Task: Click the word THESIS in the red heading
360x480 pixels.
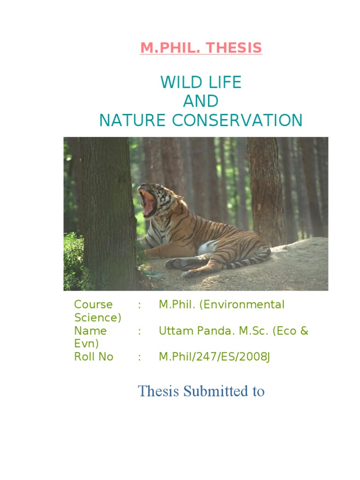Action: click(234, 48)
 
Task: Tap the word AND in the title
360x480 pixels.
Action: click(201, 101)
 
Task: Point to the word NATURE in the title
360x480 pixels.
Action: click(132, 120)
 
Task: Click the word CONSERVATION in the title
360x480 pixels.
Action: click(237, 120)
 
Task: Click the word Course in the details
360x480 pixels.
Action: click(93, 305)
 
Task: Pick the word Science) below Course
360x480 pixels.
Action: click(98, 318)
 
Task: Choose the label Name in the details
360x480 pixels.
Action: click(90, 331)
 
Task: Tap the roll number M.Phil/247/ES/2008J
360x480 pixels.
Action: click(214, 357)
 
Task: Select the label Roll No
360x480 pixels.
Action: click(94, 357)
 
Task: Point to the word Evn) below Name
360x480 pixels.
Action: click(87, 344)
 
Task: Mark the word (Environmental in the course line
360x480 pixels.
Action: click(242, 305)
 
